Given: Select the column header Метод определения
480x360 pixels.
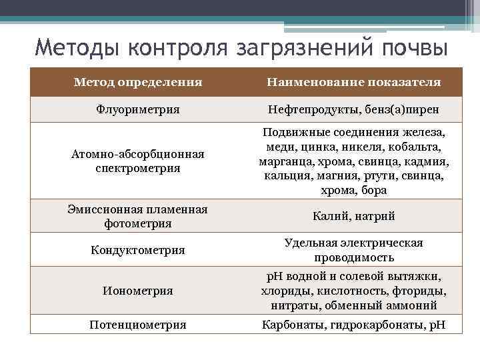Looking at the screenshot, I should click(138, 82).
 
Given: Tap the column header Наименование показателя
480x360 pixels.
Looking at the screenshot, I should click(353, 82).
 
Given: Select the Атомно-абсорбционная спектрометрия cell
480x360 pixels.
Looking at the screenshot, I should click(138, 161).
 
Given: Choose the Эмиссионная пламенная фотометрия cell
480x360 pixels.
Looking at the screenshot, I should click(138, 217).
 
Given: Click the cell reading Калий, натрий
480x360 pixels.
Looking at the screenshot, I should click(353, 217).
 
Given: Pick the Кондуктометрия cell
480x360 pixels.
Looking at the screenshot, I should click(138, 250).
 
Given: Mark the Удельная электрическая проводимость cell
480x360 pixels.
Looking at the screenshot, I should click(353, 250).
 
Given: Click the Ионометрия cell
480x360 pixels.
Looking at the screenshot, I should click(138, 291).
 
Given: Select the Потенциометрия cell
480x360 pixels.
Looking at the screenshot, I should click(138, 325).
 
